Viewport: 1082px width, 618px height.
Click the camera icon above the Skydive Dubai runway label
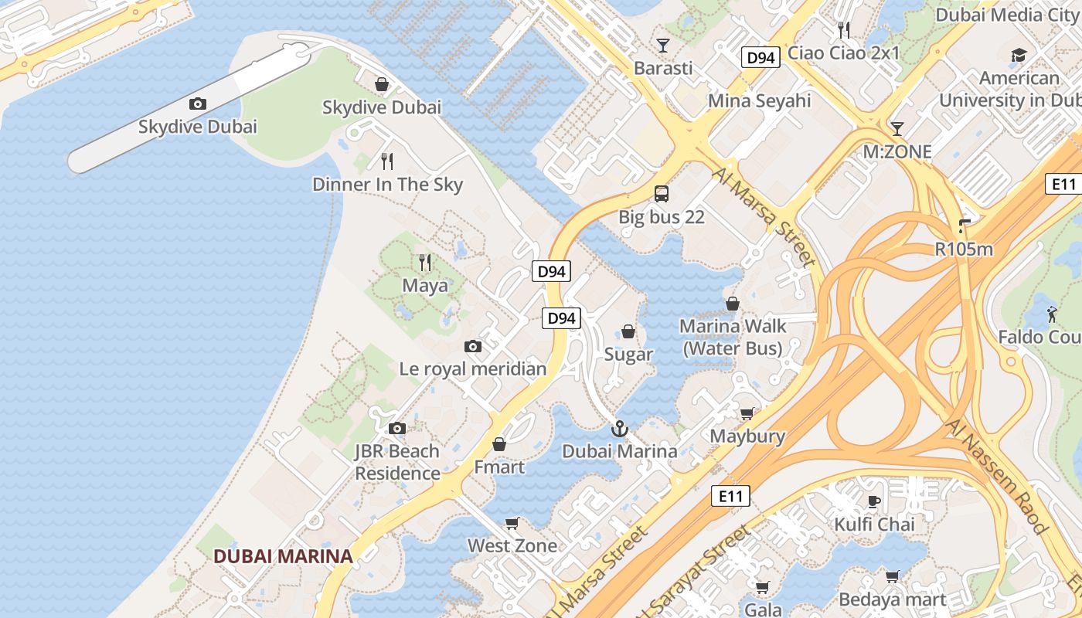point(198,104)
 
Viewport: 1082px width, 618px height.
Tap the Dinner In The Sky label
point(387,184)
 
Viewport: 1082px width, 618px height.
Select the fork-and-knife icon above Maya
point(424,263)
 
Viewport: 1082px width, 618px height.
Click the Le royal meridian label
point(472,368)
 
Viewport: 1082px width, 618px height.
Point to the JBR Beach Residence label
point(397,462)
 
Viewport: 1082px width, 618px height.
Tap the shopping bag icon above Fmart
point(499,445)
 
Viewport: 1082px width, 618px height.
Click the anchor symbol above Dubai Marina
point(619,429)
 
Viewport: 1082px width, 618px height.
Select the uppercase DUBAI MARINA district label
point(283,556)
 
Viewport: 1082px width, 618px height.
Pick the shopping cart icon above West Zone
point(512,524)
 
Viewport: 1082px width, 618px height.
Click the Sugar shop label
point(628,355)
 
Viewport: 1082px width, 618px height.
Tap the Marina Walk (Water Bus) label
point(733,337)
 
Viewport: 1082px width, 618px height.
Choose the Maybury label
point(747,436)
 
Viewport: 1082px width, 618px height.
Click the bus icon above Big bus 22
point(662,194)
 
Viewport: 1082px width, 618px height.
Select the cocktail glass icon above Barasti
point(662,46)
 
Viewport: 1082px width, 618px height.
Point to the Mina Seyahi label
point(759,100)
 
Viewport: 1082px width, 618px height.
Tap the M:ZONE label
point(897,152)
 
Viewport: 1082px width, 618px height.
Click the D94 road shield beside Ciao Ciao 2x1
point(760,57)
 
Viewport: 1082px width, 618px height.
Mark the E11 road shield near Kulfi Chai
point(730,496)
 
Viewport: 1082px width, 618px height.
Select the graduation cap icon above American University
point(1019,55)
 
